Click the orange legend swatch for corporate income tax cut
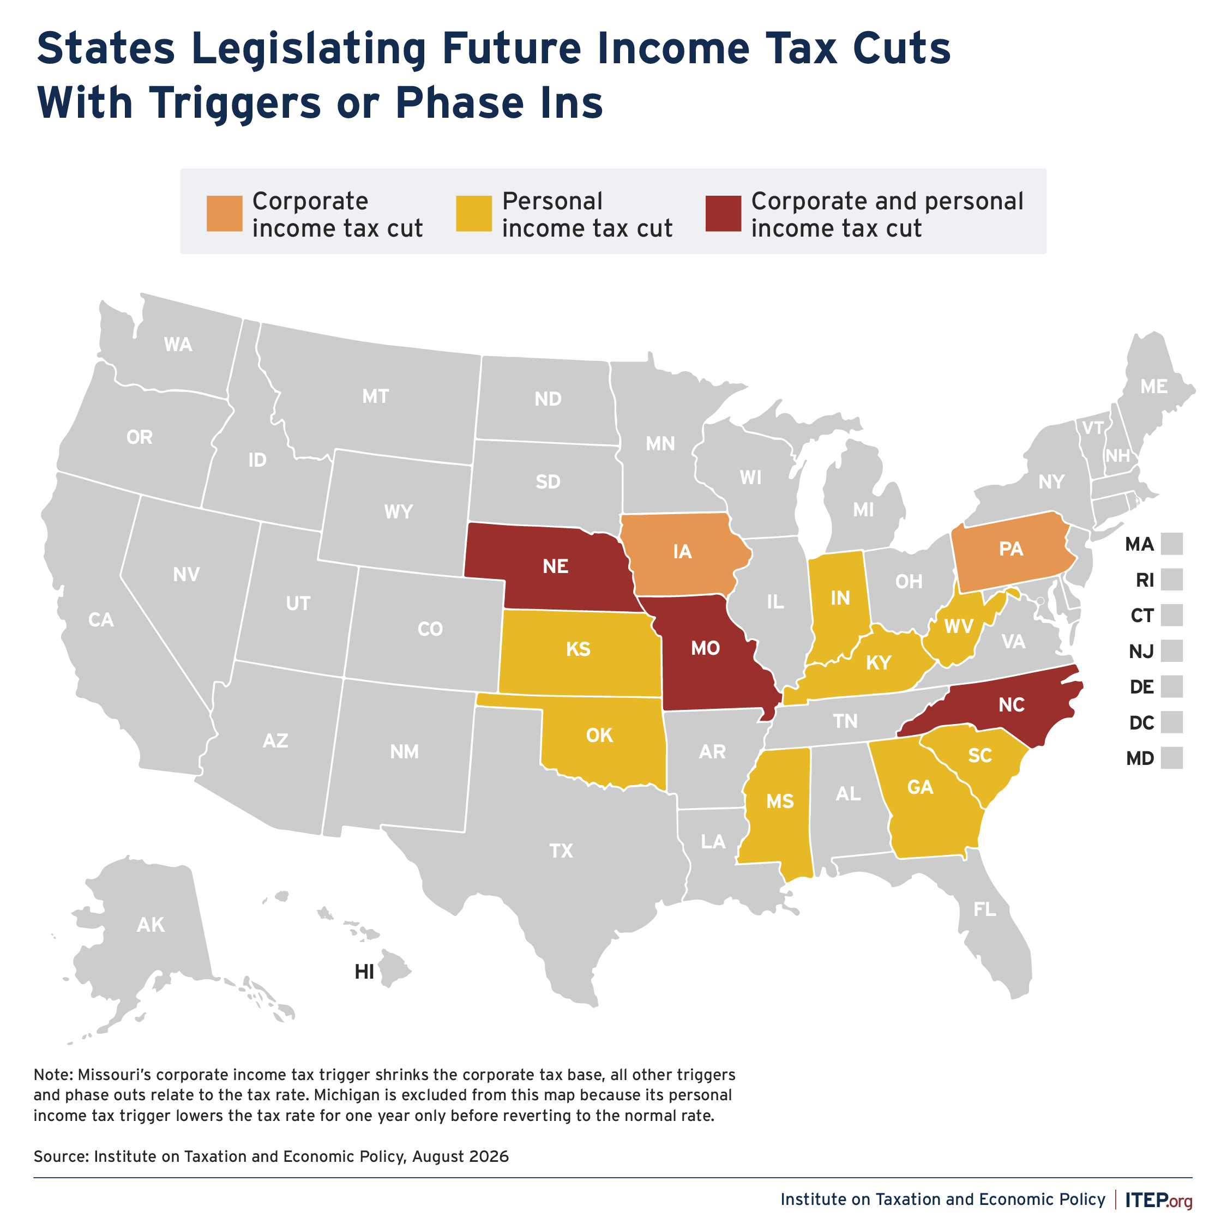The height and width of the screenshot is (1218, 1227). (224, 213)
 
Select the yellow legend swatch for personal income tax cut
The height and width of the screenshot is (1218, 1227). (474, 213)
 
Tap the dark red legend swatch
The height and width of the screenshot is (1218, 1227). (723, 213)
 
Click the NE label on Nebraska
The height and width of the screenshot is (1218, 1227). (555, 566)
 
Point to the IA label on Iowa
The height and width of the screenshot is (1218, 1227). (682, 551)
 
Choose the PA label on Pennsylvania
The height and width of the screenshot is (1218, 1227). (1011, 548)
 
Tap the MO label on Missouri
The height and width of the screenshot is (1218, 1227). (705, 648)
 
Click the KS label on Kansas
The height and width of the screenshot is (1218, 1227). (578, 649)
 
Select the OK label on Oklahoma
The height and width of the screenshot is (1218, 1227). (599, 735)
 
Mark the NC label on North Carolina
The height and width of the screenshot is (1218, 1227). (1011, 705)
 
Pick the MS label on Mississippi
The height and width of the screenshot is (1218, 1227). (780, 801)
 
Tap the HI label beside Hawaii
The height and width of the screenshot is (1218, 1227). (364, 972)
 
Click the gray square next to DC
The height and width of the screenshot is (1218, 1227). (1172, 722)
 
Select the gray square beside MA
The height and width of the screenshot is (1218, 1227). (1172, 544)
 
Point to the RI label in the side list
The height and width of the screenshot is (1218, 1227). (1145, 580)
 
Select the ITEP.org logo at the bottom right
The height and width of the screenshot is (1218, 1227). (1158, 1199)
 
